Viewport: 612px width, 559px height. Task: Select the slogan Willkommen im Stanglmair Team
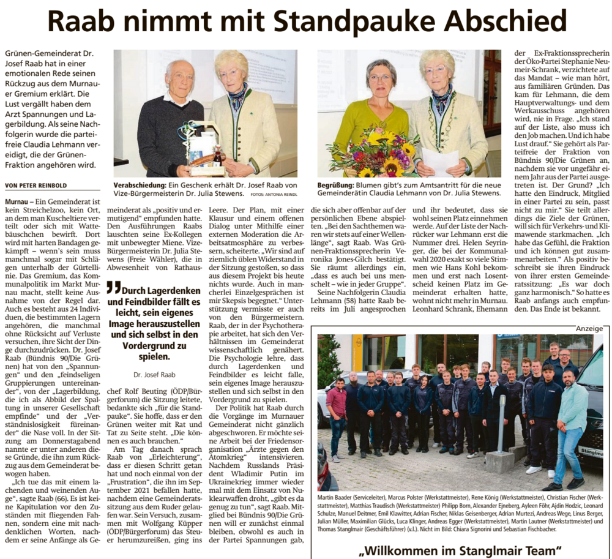(460, 549)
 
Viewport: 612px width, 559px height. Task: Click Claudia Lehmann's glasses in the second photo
(380, 78)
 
